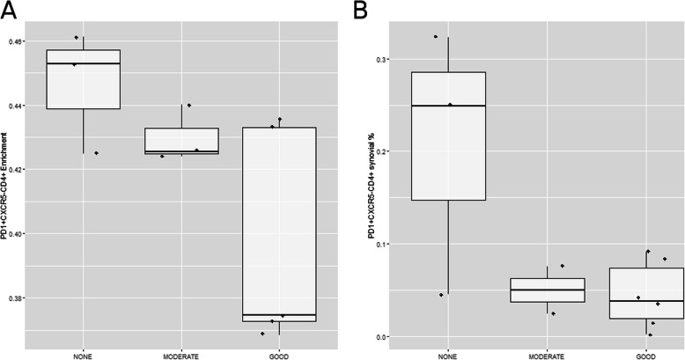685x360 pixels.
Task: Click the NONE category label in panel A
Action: (x=84, y=356)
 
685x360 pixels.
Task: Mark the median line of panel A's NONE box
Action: (x=84, y=64)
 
